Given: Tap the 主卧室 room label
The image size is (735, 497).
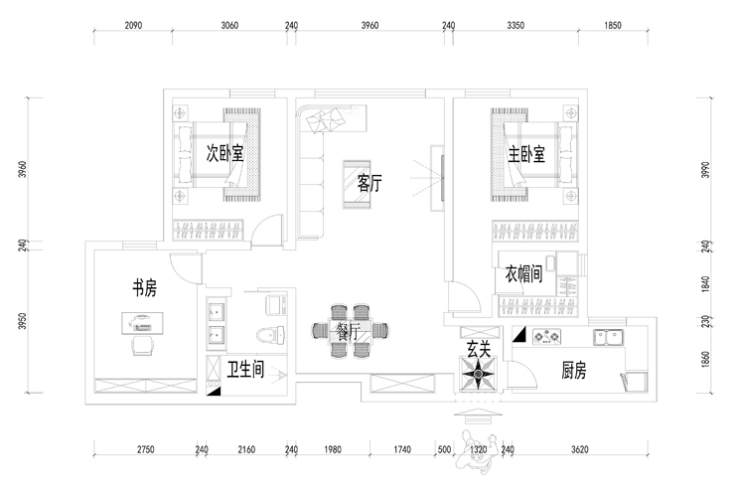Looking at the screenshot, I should (526, 154).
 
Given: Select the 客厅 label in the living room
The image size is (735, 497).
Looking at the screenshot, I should (369, 182).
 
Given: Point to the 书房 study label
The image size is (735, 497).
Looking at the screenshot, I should (144, 289).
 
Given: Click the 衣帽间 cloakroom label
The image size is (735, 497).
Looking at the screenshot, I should (523, 274).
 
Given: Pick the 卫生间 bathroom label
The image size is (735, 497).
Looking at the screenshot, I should (244, 370).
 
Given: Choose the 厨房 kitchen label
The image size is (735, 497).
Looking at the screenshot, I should (573, 371).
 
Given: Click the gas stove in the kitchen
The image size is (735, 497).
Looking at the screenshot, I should (547, 336).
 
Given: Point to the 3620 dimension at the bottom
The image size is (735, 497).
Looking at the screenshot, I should (580, 450).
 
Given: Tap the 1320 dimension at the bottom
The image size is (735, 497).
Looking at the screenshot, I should (479, 450).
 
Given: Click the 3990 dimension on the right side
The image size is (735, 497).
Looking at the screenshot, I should (706, 170).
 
